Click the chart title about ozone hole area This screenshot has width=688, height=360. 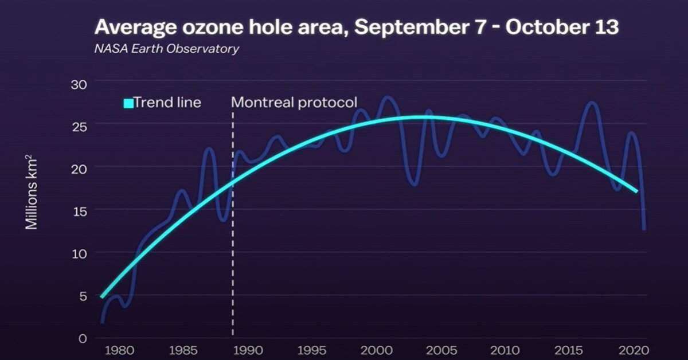coord(357,28)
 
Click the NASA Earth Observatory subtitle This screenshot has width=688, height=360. coord(167,49)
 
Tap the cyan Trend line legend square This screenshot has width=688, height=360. coord(128,103)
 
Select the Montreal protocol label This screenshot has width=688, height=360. coord(294,102)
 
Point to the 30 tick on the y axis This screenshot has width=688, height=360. coord(79,84)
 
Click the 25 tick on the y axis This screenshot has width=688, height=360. coord(80,127)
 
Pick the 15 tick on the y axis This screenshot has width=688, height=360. coord(80,212)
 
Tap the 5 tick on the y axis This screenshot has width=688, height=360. coord(83,296)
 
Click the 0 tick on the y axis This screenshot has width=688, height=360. coord(83,338)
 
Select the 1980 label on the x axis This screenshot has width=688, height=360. coord(119,350)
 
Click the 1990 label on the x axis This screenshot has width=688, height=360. coord(248,350)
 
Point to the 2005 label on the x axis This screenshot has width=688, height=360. coord(440,350)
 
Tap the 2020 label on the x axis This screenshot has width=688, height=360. coord(634,350)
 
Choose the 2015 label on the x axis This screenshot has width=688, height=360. coord(569,350)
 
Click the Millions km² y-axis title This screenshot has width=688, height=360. coord(31,192)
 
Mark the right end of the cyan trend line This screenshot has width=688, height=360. coord(637,191)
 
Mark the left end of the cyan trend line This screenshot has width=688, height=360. coord(101,297)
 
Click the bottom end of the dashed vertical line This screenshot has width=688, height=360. coord(233,335)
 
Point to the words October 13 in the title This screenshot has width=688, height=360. coord(562,27)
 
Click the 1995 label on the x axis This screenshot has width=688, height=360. coord(312,350)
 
